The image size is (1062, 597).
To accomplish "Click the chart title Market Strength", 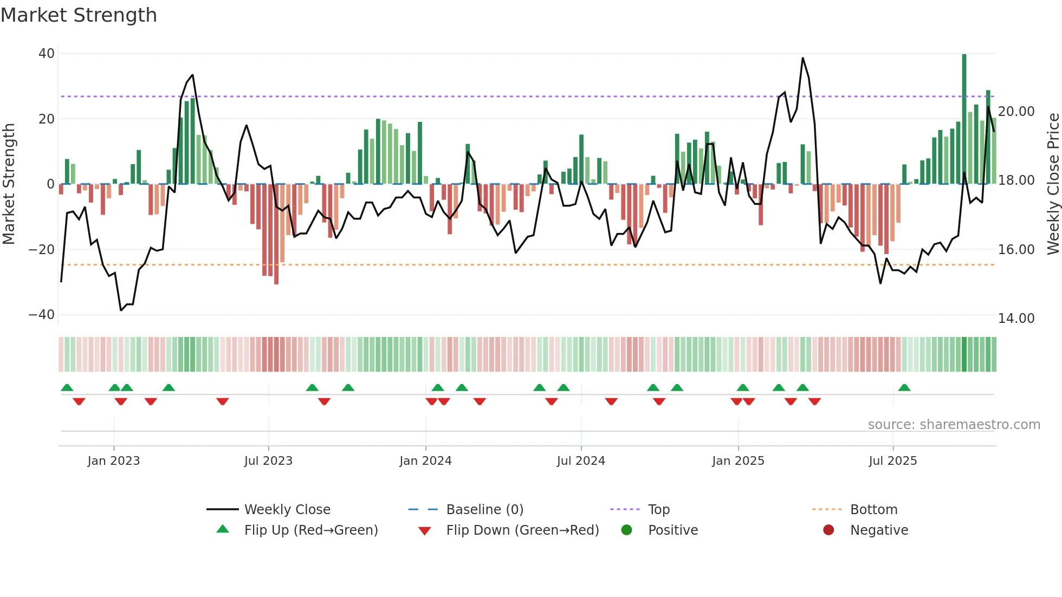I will (79, 15).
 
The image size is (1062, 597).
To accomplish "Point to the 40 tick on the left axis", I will (47, 54).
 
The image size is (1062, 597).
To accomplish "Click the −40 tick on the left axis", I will (42, 315).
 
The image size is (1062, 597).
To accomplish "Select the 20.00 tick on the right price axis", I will (1016, 112).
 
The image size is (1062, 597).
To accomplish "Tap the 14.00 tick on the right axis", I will (1016, 319).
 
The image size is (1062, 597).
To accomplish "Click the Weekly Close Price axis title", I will (1053, 184).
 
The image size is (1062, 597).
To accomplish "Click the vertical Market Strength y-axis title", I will (9, 184).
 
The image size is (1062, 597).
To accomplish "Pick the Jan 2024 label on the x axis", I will (425, 461).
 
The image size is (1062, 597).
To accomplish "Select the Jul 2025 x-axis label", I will (892, 461).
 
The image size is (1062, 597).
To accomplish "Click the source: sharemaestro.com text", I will (954, 425).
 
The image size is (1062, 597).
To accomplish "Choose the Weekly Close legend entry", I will (287, 510).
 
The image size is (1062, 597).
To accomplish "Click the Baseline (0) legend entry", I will (484, 510).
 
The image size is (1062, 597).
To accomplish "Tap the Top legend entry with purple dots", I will (658, 510).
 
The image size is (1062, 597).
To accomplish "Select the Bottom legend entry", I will (873, 510).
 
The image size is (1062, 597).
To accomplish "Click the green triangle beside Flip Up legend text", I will (223, 529).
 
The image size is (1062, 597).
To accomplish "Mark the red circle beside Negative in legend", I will (828, 530).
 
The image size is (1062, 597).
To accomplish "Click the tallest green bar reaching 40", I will (964, 119).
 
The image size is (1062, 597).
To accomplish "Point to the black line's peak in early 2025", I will (802, 59).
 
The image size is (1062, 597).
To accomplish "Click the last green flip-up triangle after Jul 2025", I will (904, 388).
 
